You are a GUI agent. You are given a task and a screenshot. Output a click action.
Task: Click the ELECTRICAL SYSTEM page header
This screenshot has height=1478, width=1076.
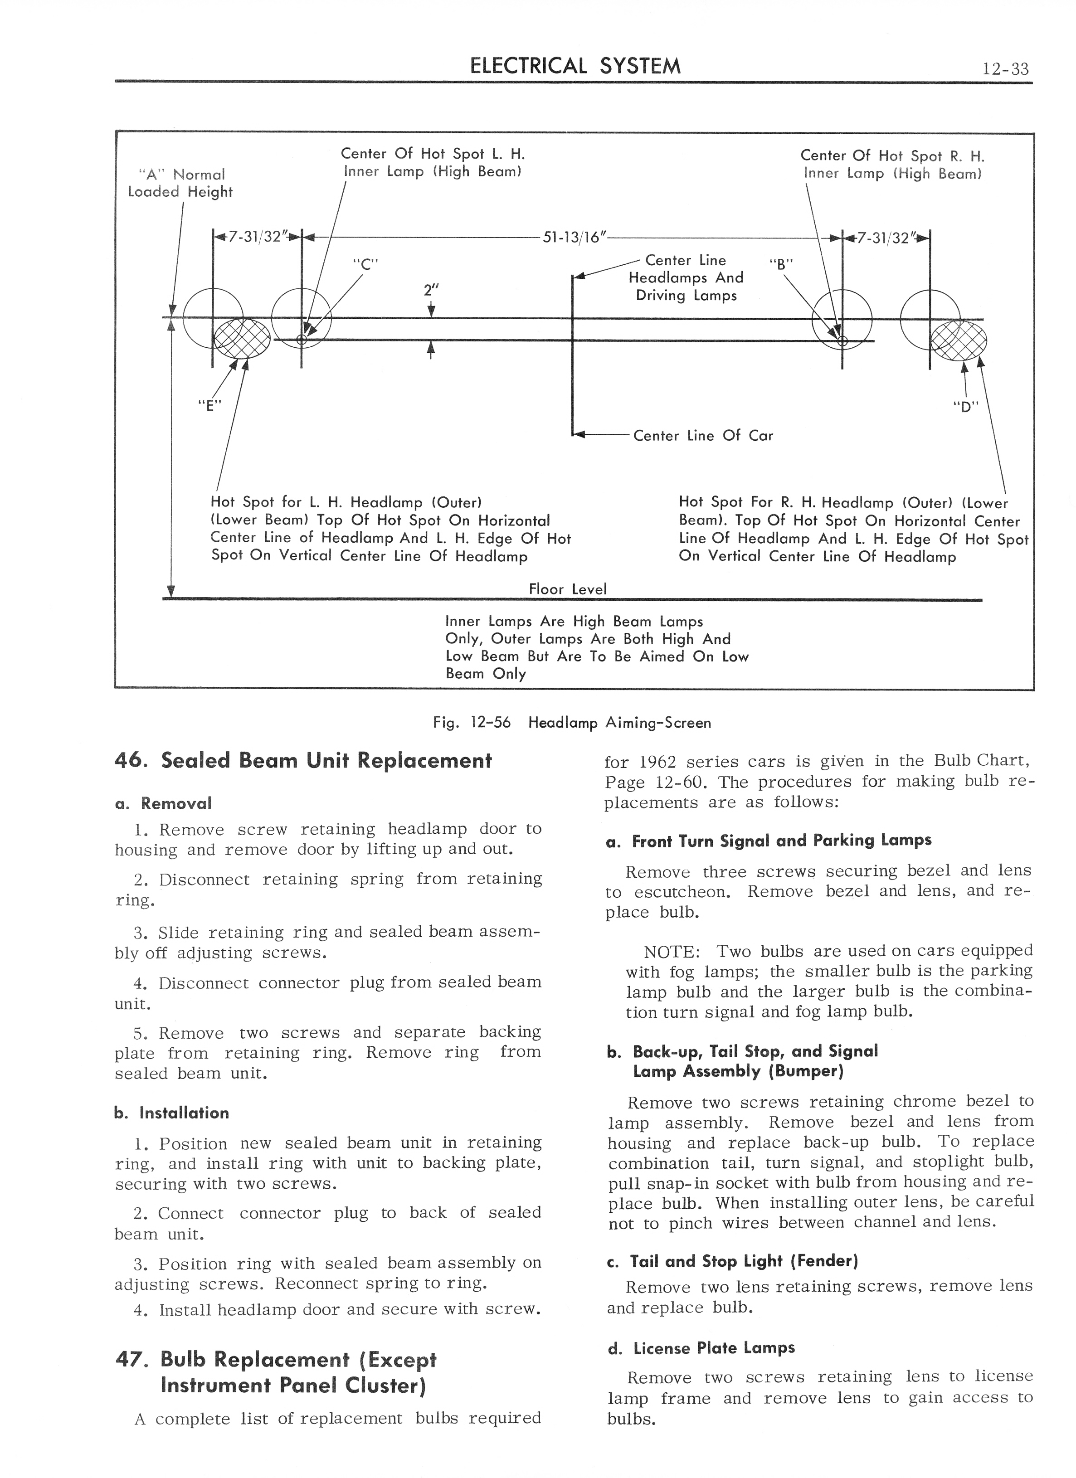(575, 66)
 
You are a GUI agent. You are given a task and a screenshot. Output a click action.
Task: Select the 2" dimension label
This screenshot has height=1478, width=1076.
(429, 290)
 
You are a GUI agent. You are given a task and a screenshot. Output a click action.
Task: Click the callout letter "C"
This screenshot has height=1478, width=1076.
(365, 264)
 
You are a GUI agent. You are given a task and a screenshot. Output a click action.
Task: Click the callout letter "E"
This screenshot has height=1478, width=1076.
(210, 405)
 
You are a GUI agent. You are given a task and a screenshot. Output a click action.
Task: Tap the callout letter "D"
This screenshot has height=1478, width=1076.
(966, 407)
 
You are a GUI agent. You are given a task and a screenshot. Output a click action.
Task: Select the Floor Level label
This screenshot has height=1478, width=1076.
(567, 589)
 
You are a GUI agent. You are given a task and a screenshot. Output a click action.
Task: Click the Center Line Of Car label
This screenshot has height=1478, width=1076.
(702, 435)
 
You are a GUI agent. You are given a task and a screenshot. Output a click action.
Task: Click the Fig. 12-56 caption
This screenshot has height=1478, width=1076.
(572, 722)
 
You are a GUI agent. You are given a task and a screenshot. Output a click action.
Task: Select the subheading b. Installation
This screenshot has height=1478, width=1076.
(171, 1113)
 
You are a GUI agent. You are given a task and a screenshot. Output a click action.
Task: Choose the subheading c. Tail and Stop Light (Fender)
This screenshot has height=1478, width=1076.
(732, 1260)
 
